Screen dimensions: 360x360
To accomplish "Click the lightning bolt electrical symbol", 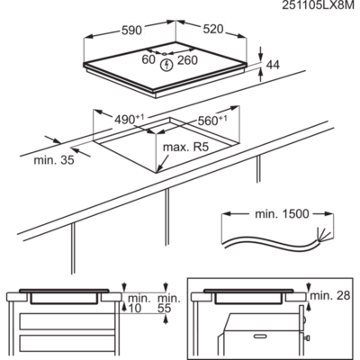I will [166, 63].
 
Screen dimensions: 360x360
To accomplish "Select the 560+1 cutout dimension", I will [213, 120].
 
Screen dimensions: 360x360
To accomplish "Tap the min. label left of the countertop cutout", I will [52, 162].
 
